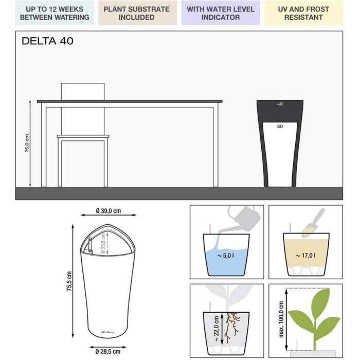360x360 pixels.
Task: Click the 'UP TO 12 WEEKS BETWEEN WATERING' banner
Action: [55, 13]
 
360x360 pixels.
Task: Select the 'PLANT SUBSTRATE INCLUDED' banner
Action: [137, 13]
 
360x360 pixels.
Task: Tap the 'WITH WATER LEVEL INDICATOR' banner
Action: [221, 13]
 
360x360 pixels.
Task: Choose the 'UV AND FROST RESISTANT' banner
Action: [303, 13]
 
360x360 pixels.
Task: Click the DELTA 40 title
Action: [47, 41]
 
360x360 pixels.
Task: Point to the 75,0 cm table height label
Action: [27, 143]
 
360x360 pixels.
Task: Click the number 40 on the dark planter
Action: [280, 104]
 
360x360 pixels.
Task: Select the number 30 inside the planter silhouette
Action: [280, 127]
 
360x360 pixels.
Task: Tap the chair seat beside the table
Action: [83, 136]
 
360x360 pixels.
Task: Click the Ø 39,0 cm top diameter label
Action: [109, 211]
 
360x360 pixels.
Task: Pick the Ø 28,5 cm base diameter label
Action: [108, 351]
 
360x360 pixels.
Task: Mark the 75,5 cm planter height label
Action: [69, 281]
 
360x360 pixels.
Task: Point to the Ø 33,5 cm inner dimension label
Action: [103, 243]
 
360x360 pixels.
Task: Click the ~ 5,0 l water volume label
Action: [226, 255]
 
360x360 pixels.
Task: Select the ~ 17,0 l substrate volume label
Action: [305, 255]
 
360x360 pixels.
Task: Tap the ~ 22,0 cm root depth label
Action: [216, 329]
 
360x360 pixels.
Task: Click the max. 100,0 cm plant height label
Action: [281, 319]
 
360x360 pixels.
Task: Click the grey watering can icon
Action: [244, 218]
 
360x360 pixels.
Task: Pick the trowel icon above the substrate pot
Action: [313, 222]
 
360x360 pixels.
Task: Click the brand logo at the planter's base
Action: [107, 332]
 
